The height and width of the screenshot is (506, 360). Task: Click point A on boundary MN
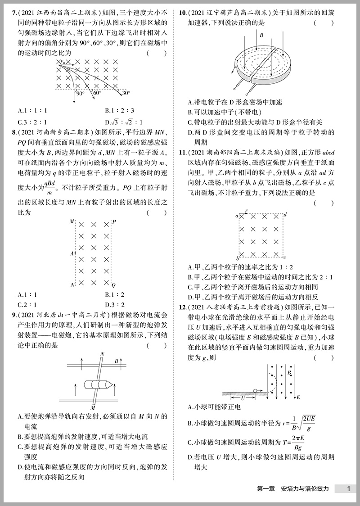pyautogui.click(x=72, y=254)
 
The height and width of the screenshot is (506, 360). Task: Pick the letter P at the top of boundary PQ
pyautogui.click(x=114, y=222)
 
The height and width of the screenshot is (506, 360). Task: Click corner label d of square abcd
pyautogui.click(x=286, y=215)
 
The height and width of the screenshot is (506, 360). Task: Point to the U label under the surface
pyautogui.click(x=243, y=398)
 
